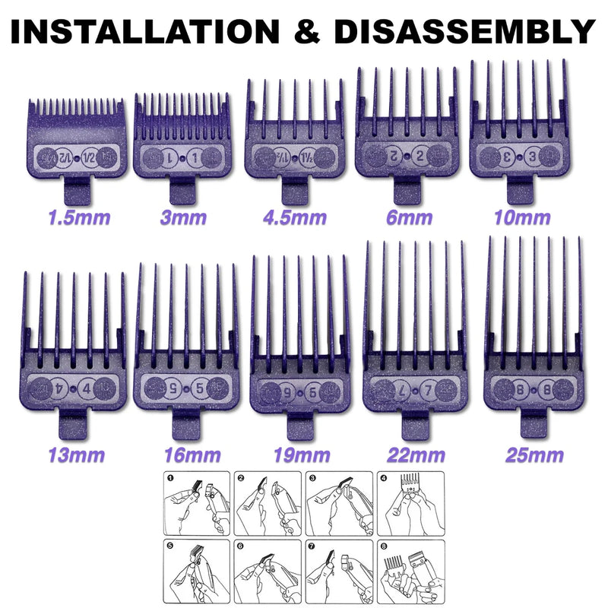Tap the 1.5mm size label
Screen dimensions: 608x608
[x=78, y=218]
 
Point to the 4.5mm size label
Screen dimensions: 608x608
[x=295, y=218]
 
